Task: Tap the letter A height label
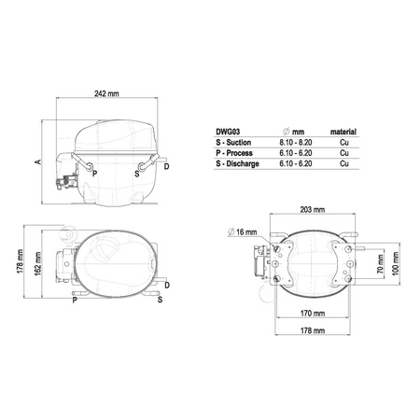[37, 161]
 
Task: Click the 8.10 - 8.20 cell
[296, 143]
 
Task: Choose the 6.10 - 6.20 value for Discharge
[296, 164]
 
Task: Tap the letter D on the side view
[166, 167]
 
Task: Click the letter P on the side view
[94, 174]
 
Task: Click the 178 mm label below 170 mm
[313, 332]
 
